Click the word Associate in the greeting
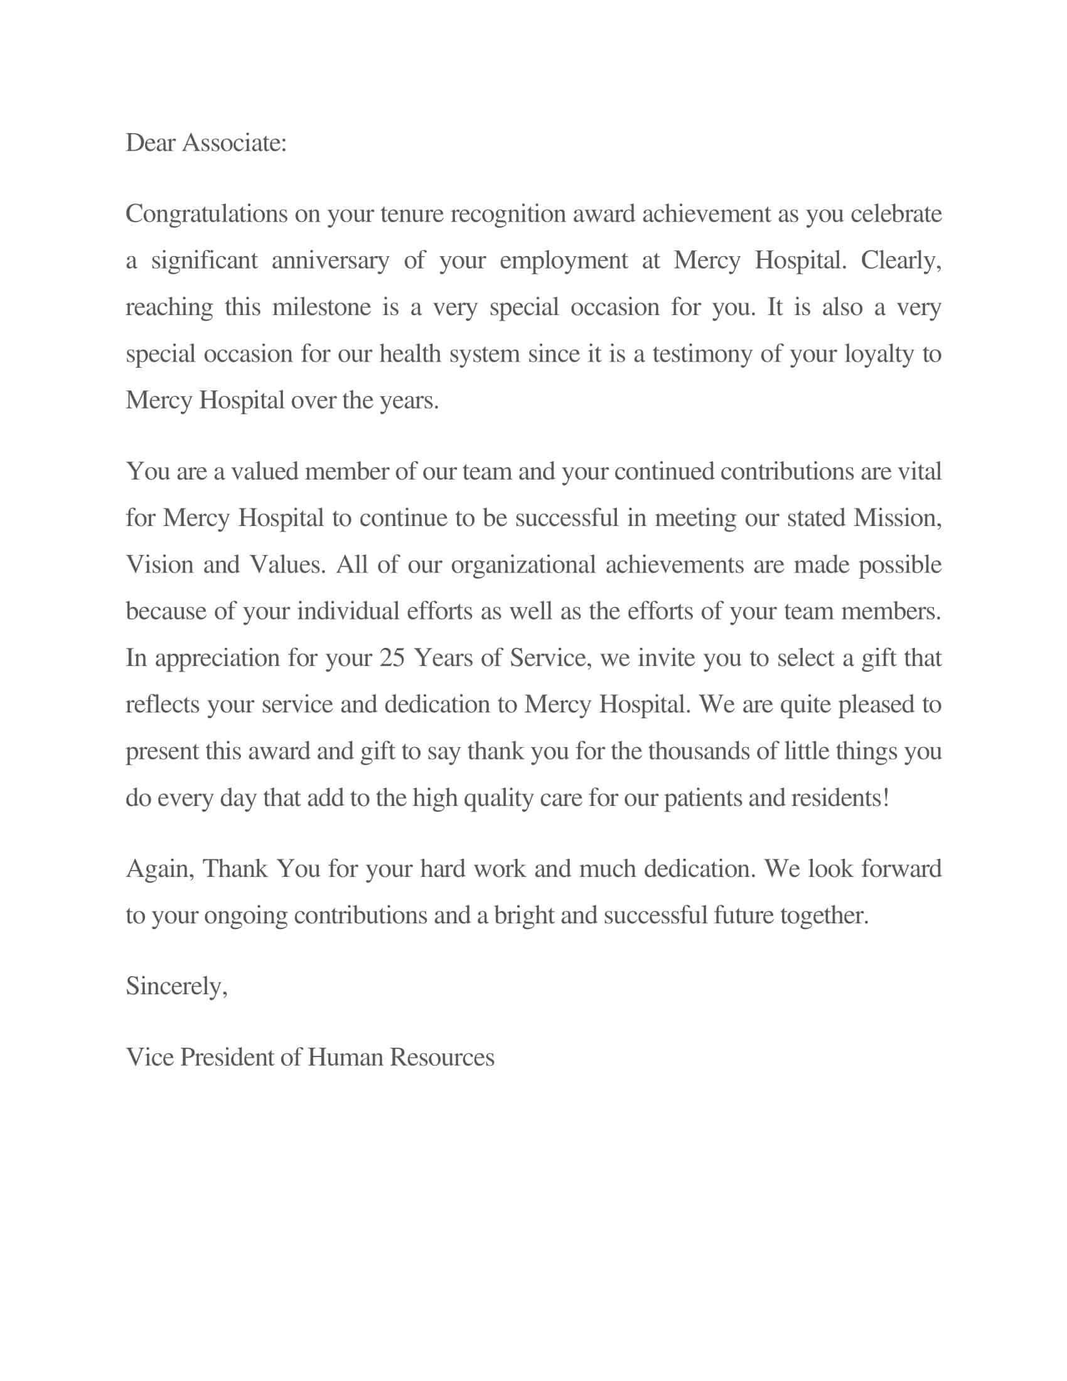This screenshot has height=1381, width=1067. coord(234,143)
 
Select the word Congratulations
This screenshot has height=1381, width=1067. coord(206,214)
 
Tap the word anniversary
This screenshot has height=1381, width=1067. coord(330,261)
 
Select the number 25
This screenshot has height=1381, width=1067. coord(392,658)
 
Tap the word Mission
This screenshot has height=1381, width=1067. coord(897,518)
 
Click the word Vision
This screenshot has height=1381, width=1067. coord(160,565)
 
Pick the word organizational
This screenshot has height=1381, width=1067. coord(523,566)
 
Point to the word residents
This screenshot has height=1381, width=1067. coord(840,798)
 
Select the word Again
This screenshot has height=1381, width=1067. coord(160,869)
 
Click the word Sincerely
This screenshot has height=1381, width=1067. coord(176,986)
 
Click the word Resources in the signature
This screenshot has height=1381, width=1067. coord(441,1057)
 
